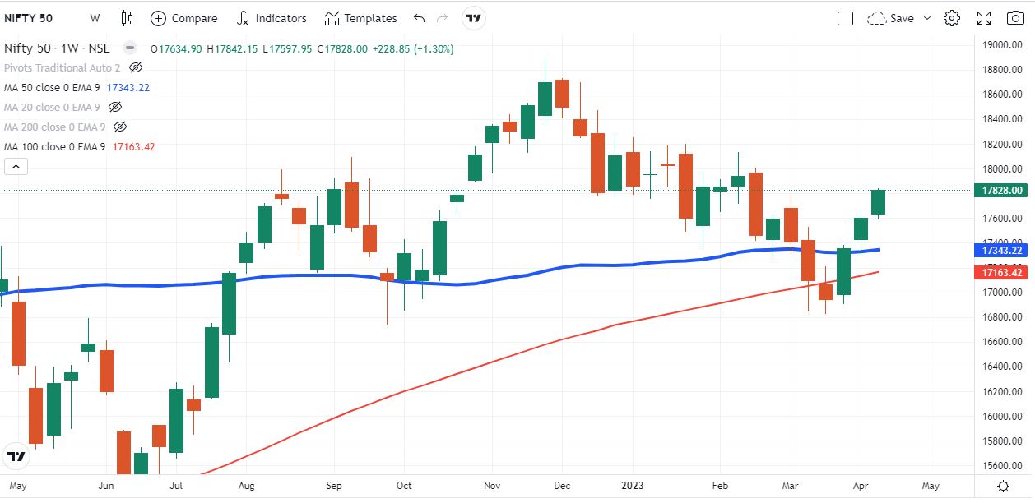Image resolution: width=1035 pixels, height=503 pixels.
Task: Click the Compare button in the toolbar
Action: pyautogui.click(x=184, y=18)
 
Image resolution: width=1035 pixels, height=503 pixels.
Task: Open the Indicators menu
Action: pyautogui.click(x=272, y=18)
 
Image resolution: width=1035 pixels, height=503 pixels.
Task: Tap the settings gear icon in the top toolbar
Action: pyautogui.click(x=952, y=18)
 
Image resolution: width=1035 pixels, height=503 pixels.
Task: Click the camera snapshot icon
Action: pyautogui.click(x=1014, y=18)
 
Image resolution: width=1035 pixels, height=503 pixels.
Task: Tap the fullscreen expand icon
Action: pyautogui.click(x=983, y=18)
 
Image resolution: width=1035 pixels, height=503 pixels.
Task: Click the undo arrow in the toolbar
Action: pyautogui.click(x=420, y=18)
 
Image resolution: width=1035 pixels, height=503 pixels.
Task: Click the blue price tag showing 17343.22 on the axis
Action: pyautogui.click(x=1002, y=250)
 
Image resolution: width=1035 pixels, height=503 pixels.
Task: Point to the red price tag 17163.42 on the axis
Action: pyautogui.click(x=1002, y=272)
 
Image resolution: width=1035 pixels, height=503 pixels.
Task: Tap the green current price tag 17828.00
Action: pyautogui.click(x=1002, y=191)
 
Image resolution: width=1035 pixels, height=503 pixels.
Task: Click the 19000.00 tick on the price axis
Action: pyautogui.click(x=1002, y=44)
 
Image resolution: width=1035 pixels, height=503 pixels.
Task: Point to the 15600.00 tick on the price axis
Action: pyautogui.click(x=1002, y=465)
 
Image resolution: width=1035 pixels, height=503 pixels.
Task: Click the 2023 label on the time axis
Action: pyautogui.click(x=633, y=486)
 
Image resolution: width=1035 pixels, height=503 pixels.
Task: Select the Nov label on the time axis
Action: pyautogui.click(x=492, y=486)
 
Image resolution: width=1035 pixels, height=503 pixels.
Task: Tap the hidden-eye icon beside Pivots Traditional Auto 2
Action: pyautogui.click(x=137, y=67)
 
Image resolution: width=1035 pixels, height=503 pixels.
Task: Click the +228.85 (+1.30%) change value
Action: pyautogui.click(x=412, y=49)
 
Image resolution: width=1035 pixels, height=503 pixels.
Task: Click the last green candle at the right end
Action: pyautogui.click(x=878, y=202)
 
